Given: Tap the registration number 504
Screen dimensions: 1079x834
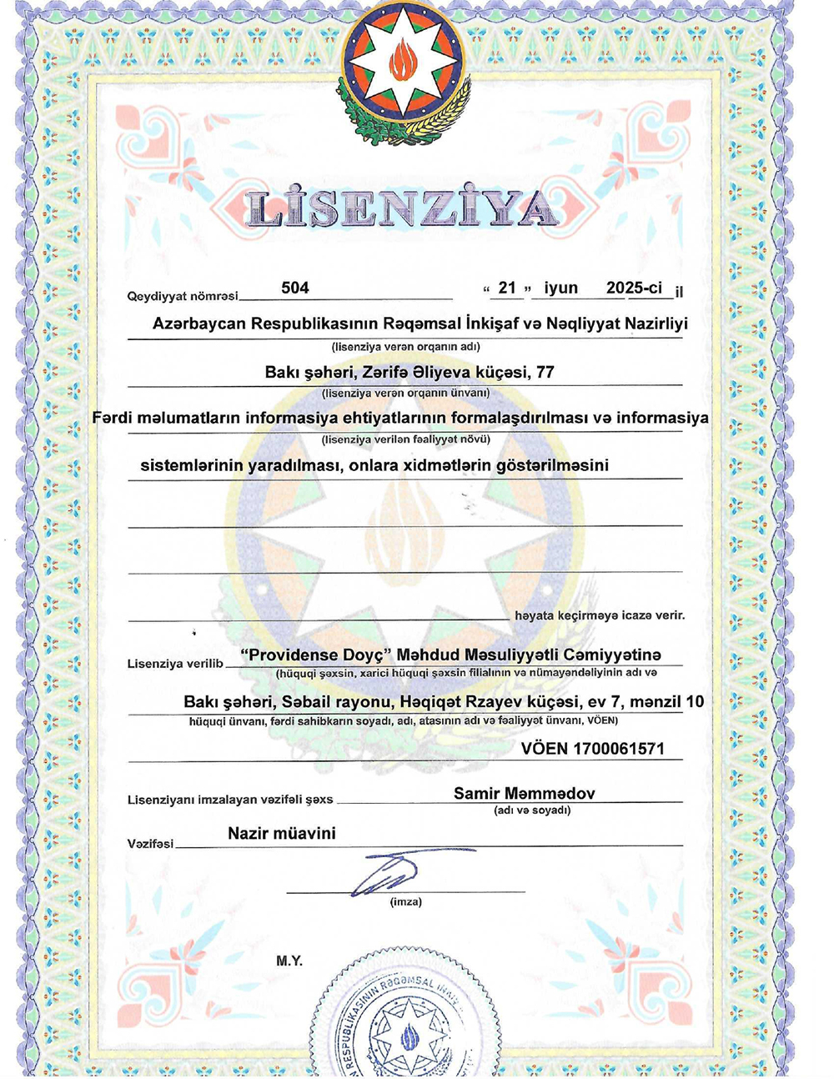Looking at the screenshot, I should coord(295,288).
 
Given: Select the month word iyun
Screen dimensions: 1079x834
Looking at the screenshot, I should coord(560,288).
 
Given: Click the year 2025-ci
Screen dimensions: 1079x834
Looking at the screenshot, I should coord(634,288).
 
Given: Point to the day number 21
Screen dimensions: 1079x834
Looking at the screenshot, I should coord(507,288).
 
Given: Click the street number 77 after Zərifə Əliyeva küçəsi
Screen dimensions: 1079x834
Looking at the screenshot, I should coord(545,372).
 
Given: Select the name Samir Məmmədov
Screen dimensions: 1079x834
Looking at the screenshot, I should coord(524,793).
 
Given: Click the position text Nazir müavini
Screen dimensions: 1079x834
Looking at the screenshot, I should coord(282,833).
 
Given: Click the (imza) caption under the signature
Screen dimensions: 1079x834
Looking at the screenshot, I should coord(406,901).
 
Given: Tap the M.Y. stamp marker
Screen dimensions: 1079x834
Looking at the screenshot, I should coord(289,961).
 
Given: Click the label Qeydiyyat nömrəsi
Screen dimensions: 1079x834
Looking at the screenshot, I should coord(182,296).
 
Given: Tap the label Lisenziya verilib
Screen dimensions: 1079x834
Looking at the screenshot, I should coord(175,664).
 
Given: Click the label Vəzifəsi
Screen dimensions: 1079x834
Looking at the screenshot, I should coord(150,844).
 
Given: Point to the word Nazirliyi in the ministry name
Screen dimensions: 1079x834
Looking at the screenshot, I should coord(657,324).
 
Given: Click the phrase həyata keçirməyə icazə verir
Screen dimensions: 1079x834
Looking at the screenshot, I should coord(600,615).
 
